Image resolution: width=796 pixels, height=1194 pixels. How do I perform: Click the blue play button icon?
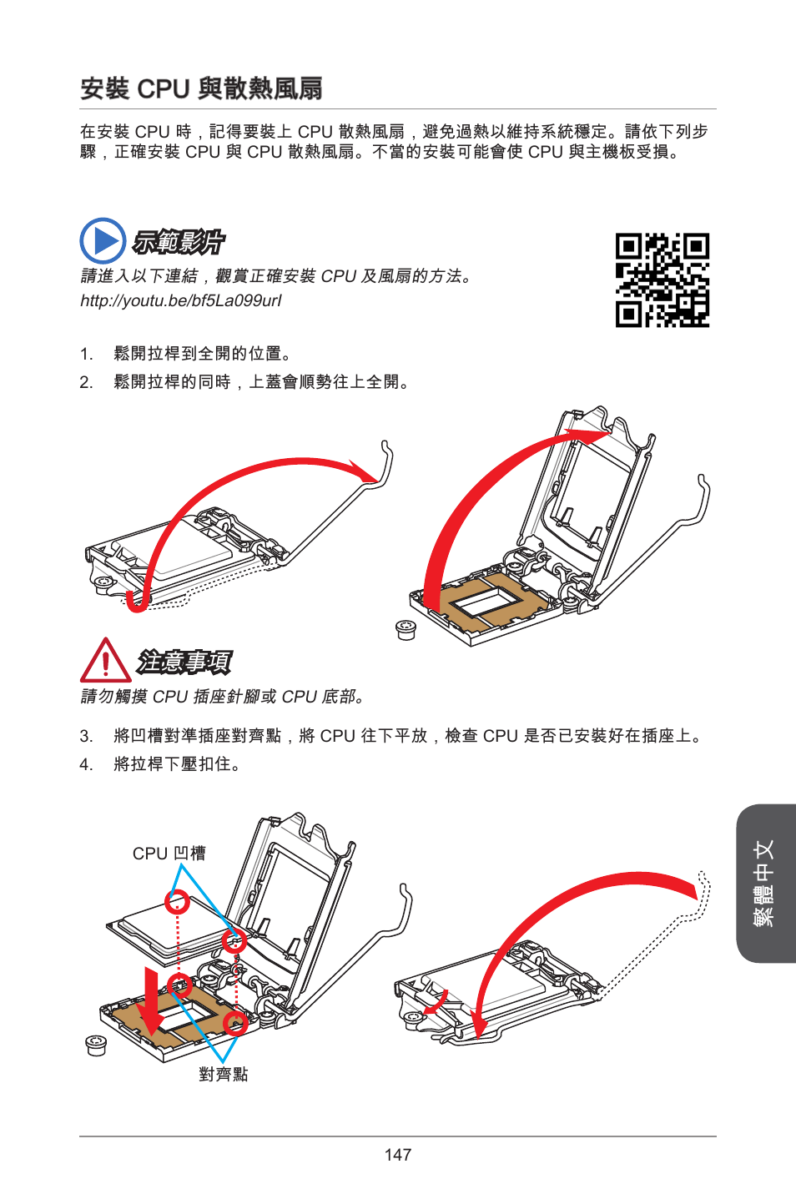[103, 241]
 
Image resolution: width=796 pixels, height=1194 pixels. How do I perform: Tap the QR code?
[662, 280]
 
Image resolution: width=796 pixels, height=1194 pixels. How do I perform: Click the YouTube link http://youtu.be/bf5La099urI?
[181, 301]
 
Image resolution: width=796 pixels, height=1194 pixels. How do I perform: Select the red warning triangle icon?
[106, 661]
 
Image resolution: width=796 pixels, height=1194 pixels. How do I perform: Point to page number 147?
[398, 1154]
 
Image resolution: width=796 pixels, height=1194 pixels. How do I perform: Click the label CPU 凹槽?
[169, 854]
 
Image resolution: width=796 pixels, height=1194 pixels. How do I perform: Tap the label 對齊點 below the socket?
[224, 1074]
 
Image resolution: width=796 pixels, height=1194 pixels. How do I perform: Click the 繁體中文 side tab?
[764, 884]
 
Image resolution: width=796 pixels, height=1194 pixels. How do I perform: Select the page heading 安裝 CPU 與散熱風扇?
[202, 88]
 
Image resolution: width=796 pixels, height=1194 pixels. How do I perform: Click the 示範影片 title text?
[179, 242]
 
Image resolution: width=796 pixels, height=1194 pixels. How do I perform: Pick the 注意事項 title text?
[184, 662]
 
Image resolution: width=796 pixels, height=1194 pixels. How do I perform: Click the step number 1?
[87, 354]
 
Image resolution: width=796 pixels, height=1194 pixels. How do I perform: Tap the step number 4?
[87, 764]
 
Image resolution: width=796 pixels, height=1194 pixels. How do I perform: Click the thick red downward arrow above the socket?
[152, 1002]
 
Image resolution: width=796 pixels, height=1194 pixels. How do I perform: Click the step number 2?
[87, 382]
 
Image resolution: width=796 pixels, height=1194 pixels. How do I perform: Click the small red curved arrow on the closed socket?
[437, 1004]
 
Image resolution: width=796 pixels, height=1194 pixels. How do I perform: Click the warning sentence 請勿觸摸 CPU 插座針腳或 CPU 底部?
[222, 697]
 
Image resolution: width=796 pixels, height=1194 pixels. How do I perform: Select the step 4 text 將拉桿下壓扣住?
[177, 764]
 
